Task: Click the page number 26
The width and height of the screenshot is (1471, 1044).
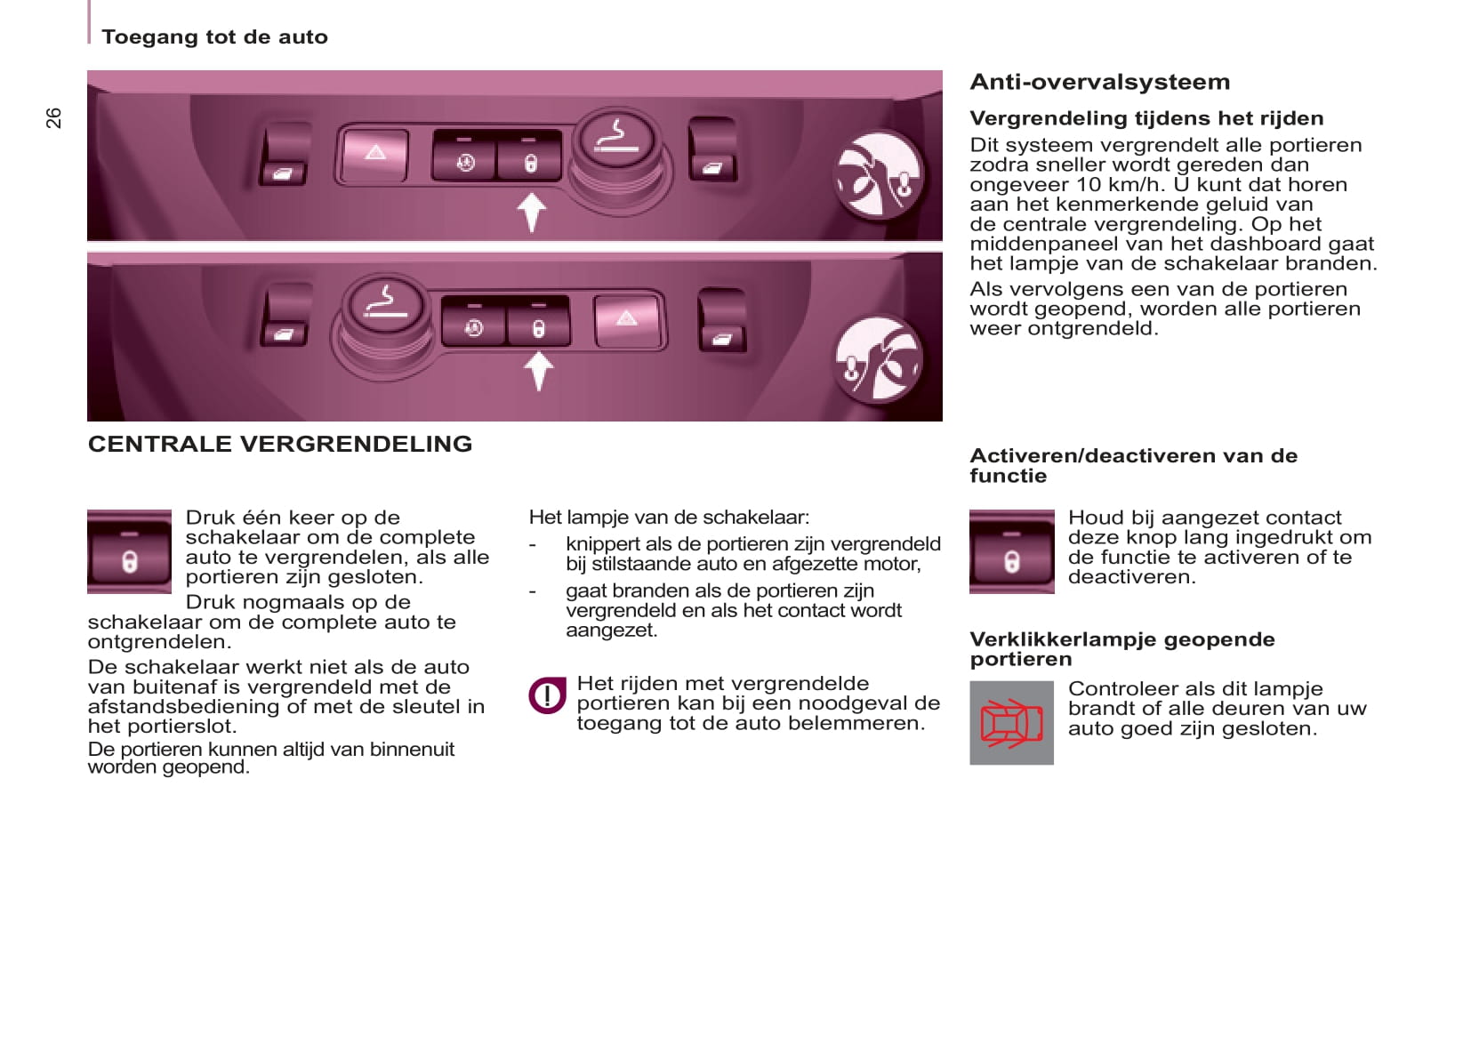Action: coord(54,118)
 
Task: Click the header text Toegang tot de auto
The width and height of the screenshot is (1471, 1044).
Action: coord(214,37)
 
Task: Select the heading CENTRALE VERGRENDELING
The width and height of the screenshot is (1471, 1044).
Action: coord(279,444)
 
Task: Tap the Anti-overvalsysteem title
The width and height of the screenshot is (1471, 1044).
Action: coord(1099,82)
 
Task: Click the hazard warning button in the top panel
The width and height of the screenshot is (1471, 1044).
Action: coord(375,154)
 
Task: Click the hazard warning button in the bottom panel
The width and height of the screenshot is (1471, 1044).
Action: coord(627,318)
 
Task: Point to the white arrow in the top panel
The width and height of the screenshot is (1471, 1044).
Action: coord(531,213)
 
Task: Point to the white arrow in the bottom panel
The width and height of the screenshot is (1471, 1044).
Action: coord(538,371)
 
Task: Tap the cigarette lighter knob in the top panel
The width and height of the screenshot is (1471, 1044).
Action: coord(615,140)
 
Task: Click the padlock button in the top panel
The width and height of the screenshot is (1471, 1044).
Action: coord(530,161)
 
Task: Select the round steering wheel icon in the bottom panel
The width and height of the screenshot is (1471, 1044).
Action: coord(879,357)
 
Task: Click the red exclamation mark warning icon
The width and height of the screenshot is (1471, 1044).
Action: coord(547,695)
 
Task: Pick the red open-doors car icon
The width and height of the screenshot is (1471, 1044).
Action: coord(1011,722)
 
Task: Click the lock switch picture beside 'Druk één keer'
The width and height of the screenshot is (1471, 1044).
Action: coord(129,551)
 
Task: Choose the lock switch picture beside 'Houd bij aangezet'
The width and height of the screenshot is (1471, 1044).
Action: coord(1011,551)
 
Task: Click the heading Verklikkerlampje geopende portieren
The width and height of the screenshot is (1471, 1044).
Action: coord(1121,649)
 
